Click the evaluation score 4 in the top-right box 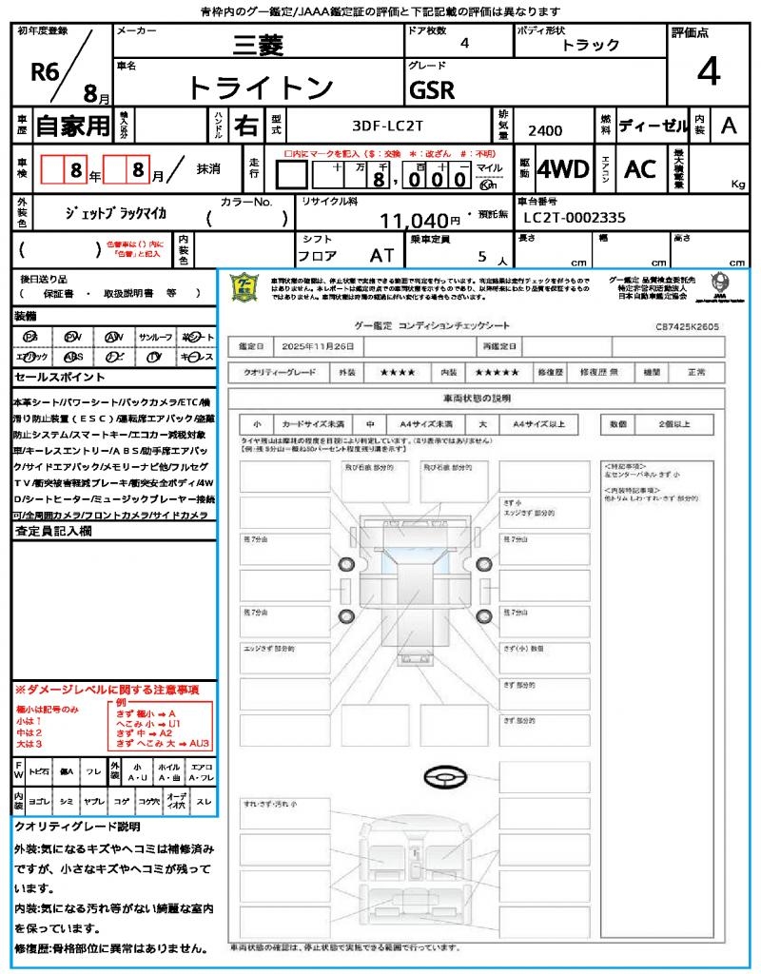point(708,71)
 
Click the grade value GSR point(432,90)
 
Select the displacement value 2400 point(545,131)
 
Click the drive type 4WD point(563,169)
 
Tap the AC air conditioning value point(639,169)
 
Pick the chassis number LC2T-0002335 point(575,218)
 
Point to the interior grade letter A point(729,125)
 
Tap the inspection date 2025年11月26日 point(318,346)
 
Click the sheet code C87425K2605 point(687,326)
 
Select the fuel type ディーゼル point(652,125)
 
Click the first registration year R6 point(46,72)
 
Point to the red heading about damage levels point(107,689)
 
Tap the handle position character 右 point(246,125)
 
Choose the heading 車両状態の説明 point(477,398)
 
